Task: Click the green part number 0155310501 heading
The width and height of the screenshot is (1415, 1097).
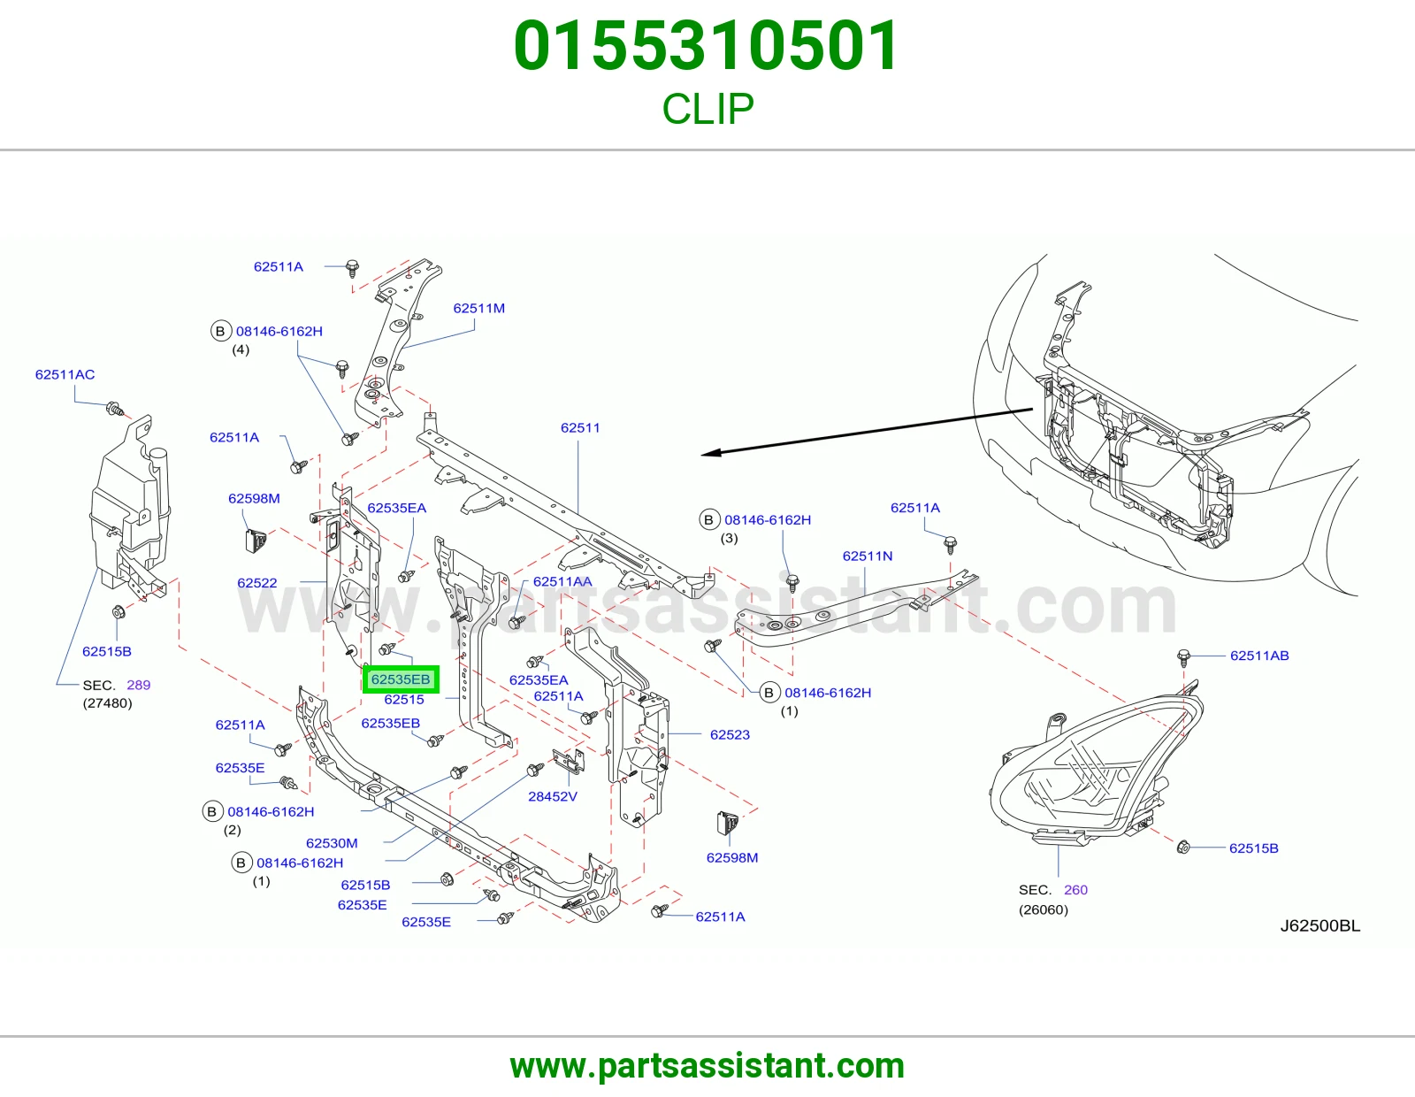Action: point(706,46)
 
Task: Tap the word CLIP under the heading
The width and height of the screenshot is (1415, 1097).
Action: point(707,109)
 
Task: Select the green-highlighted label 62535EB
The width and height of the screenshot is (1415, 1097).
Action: point(401,679)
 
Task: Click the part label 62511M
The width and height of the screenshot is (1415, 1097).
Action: point(478,308)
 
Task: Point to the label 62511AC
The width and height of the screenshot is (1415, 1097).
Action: point(65,374)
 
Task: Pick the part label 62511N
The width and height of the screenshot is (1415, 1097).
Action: point(868,556)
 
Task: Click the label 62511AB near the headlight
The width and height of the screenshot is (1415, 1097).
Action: point(1259,656)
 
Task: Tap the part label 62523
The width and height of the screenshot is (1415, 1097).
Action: point(730,734)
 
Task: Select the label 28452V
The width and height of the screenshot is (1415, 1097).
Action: point(552,796)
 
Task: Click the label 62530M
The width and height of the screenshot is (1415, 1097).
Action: point(332,843)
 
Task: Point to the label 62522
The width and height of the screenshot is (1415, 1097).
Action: point(257,583)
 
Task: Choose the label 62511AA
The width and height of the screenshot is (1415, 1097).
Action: point(562,582)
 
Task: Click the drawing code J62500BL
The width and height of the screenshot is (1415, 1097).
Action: point(1319,925)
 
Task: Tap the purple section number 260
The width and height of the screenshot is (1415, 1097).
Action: point(1075,890)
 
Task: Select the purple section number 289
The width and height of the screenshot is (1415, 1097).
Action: point(138,685)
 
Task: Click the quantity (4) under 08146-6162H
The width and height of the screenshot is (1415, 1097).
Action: point(241,349)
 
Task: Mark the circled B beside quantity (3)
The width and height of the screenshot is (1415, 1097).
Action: point(708,520)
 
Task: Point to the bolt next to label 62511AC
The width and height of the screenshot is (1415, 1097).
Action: point(115,409)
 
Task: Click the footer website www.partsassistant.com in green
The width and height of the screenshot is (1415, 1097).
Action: point(707,1066)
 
